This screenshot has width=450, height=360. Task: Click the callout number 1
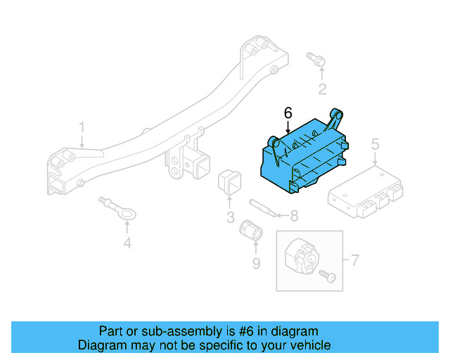click(82, 129)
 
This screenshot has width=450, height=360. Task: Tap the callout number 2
click(322, 89)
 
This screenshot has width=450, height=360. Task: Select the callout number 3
click(231, 217)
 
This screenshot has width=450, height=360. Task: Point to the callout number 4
click(127, 244)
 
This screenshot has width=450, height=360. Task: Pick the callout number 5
click(375, 145)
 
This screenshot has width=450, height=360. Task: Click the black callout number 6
click(287, 112)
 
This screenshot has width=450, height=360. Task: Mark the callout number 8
click(294, 217)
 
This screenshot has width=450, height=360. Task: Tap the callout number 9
click(256, 263)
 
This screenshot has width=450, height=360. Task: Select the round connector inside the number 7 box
click(301, 255)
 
